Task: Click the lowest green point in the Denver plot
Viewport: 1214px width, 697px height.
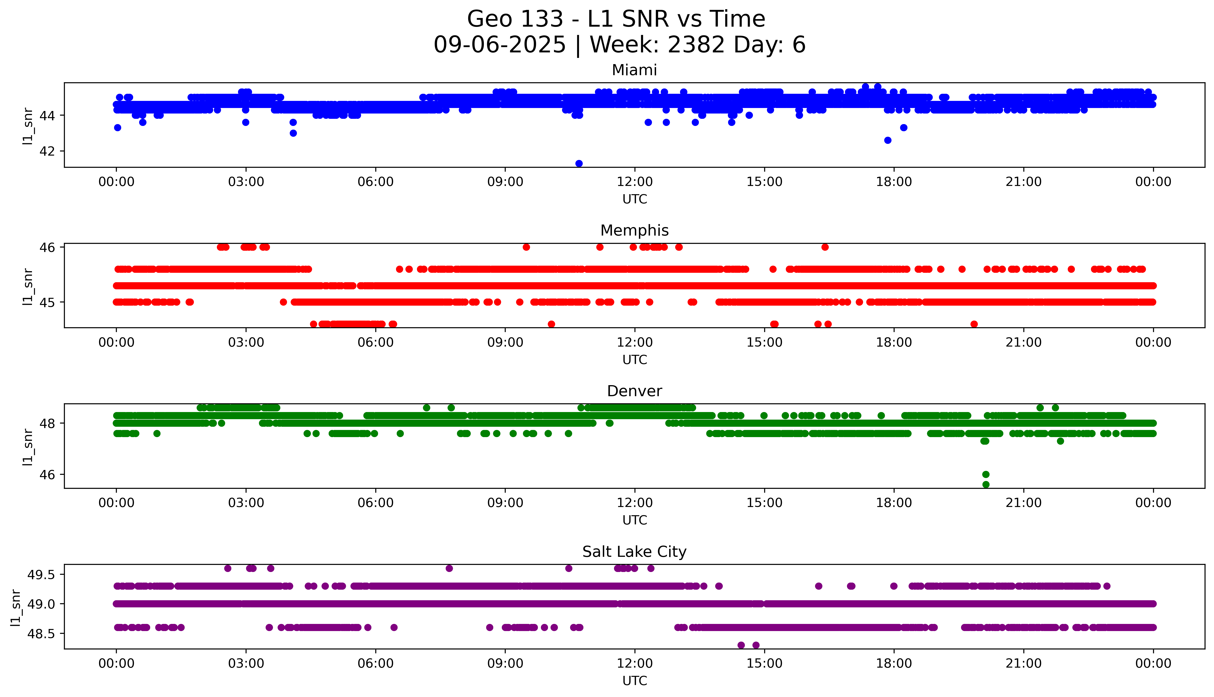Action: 986,484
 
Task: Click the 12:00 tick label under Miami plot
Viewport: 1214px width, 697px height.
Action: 634,182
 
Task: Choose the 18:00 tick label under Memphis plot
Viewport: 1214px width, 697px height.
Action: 894,342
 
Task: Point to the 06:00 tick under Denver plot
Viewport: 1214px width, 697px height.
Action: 376,503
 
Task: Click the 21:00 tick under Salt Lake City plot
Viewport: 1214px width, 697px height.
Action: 1023,663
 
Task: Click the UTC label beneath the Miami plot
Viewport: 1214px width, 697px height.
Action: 634,199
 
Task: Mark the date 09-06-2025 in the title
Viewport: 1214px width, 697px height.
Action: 499,45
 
